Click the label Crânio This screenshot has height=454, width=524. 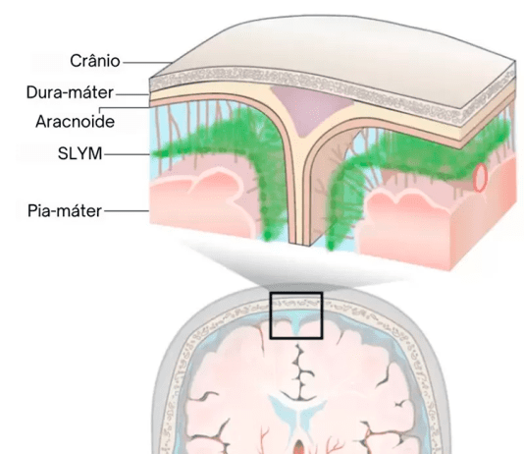pos(95,61)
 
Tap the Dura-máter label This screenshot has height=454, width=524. pos(70,92)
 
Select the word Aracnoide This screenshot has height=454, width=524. pos(76,122)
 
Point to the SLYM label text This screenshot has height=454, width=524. pos(79,153)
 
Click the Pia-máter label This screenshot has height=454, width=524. pos(65,210)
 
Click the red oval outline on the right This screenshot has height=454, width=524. pos(480,178)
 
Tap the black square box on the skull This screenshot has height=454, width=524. pos(296,293)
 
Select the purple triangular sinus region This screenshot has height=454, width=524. pos(311,107)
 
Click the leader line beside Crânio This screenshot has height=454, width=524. pos(147,62)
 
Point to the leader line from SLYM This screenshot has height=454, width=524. pos(127,154)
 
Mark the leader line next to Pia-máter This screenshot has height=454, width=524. pos(127,210)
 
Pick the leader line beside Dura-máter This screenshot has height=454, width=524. pos(132,94)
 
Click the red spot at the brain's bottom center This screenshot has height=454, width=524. pos(299,448)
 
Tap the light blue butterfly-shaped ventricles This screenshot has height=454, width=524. pos(298,413)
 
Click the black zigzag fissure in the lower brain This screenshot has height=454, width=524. pos(300,371)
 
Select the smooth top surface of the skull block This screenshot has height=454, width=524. pos(335,50)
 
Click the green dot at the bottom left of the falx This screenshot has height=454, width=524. pos(267,236)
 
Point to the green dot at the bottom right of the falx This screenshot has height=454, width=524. pos(331,247)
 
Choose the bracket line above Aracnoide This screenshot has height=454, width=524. pos(124,108)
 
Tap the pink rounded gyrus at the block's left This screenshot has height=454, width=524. pos(200,200)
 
